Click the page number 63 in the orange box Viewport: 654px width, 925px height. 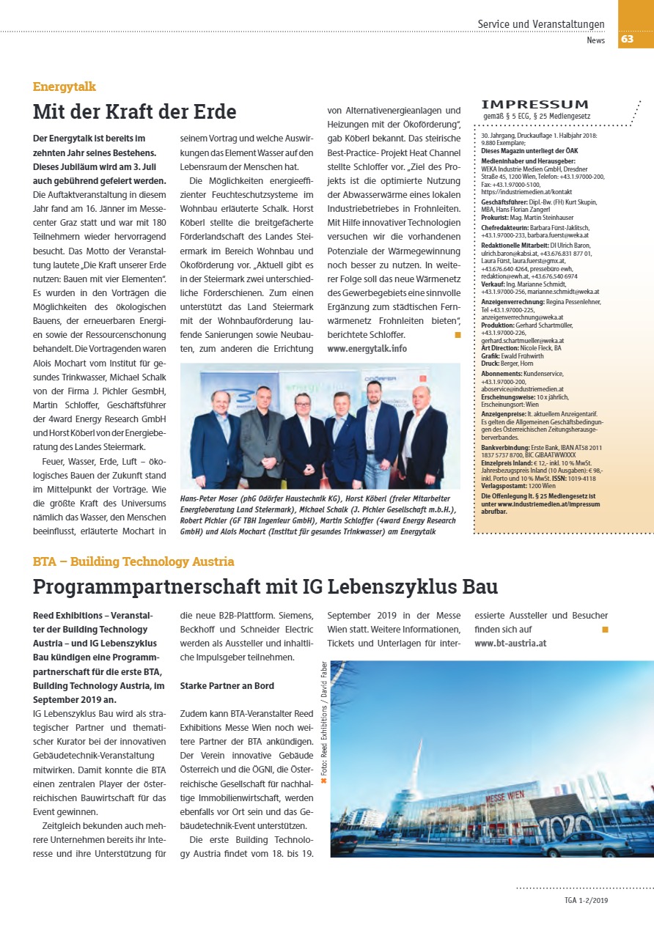tap(628, 39)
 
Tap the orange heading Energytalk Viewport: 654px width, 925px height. tap(65, 86)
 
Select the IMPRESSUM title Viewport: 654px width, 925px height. tap(534, 105)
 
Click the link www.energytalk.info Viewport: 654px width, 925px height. tap(367, 348)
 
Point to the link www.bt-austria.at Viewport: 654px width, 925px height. tap(510, 644)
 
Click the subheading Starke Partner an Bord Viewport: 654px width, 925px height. tap(227, 685)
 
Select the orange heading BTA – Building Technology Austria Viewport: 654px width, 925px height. tap(133, 561)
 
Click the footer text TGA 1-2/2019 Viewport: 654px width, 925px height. tap(587, 900)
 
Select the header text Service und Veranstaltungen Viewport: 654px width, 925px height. tap(541, 24)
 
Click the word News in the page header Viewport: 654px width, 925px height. tap(595, 40)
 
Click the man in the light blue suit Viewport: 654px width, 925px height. tap(346, 443)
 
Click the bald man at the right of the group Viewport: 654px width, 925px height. tap(422, 440)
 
